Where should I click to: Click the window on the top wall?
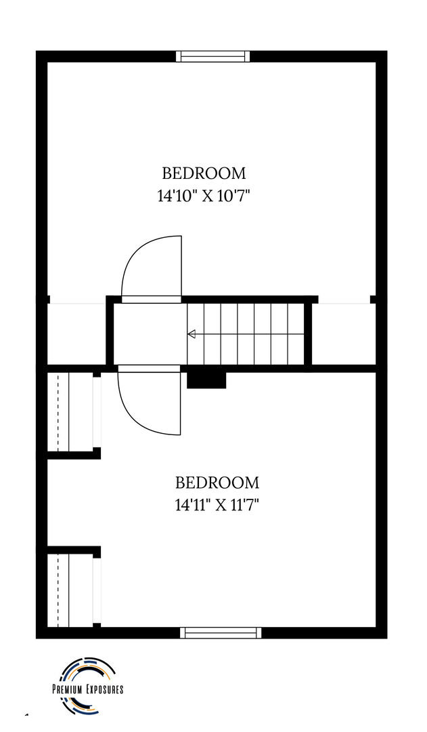coord(213,56)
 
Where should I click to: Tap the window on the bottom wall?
coord(221,632)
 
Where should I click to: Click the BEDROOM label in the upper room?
coord(204,174)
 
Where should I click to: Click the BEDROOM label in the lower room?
coord(217,482)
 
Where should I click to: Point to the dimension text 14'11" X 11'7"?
coord(217,505)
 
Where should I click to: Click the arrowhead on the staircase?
coord(192,333)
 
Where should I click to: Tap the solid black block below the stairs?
coord(206,380)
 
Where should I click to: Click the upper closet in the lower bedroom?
coord(70,412)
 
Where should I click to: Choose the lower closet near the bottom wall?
coord(70,590)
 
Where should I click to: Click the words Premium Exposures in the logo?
coord(87,689)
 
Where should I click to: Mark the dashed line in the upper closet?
coord(58,412)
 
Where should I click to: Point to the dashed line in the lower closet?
coord(58,590)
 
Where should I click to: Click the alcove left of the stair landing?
coord(77,333)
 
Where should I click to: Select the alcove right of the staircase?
coord(344,333)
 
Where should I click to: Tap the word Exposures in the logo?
coord(104,689)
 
